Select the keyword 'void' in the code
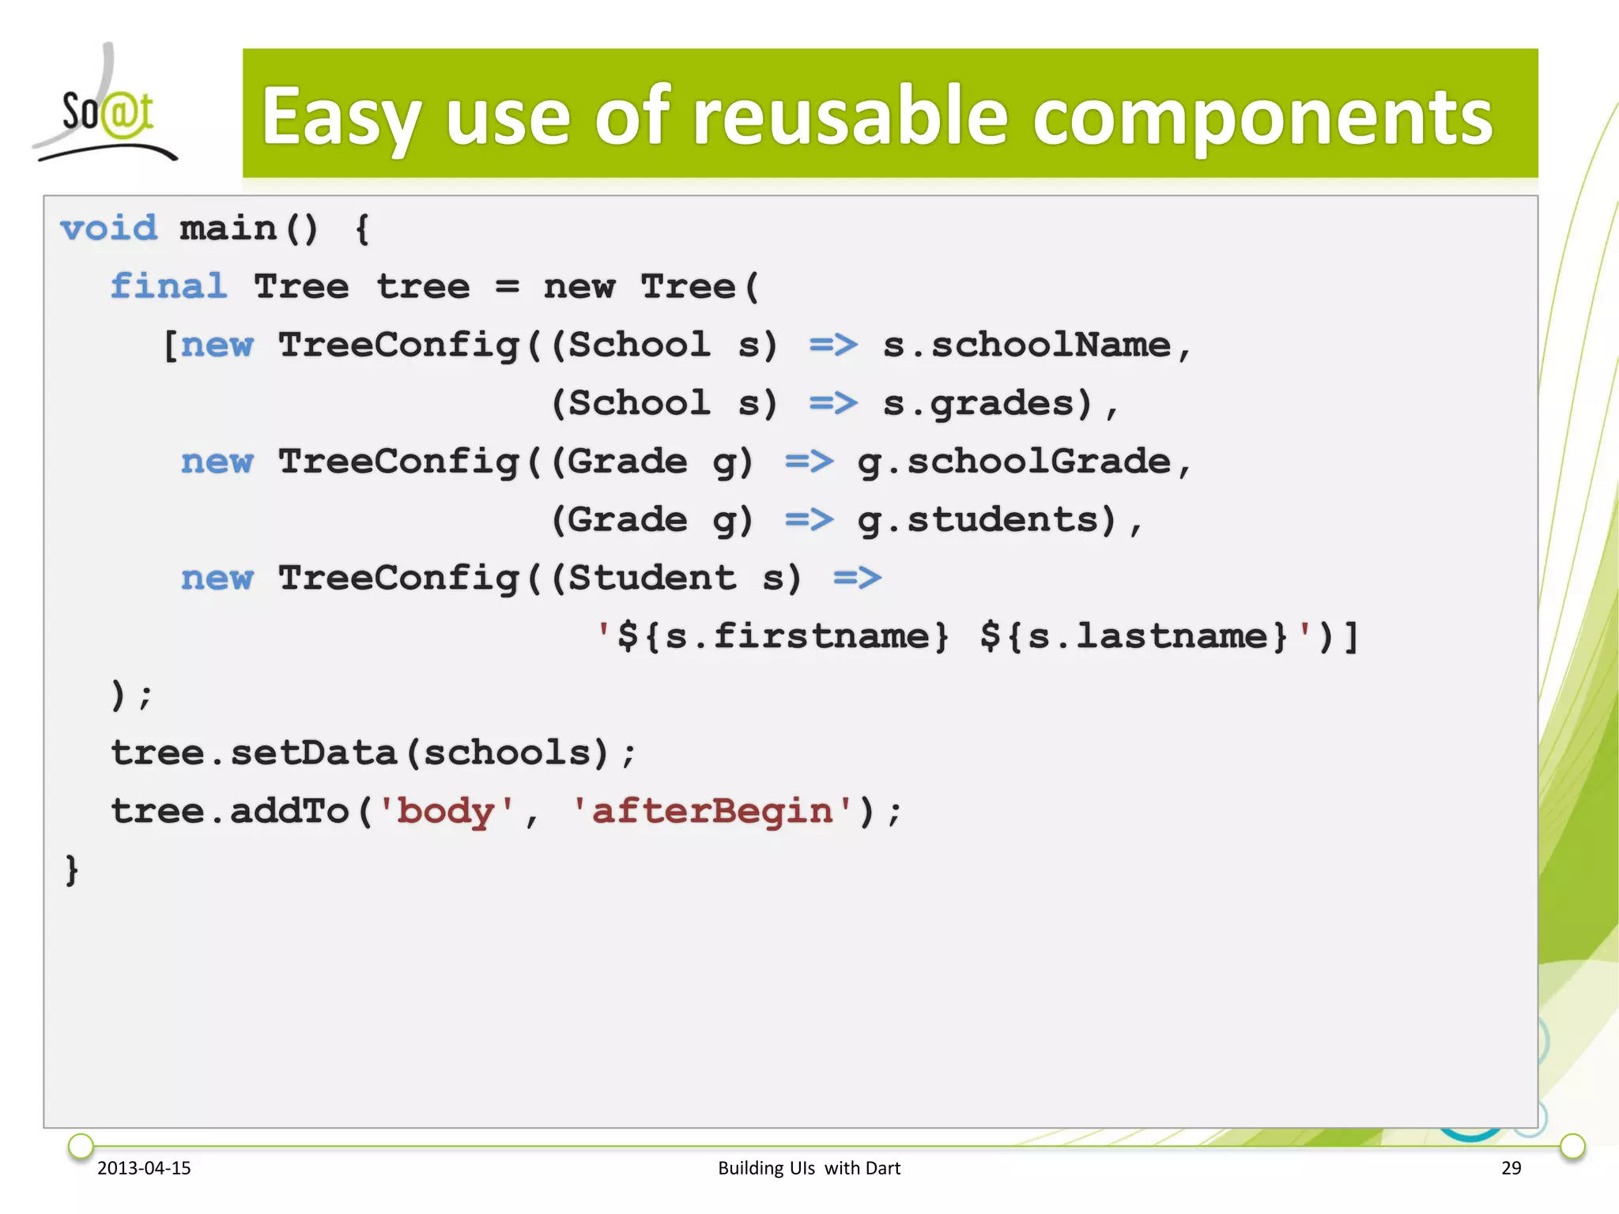coord(109,229)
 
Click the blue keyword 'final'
coord(168,287)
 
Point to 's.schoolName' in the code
coord(1026,345)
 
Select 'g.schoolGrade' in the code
coord(1014,462)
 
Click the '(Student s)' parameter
coord(676,579)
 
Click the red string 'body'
coord(446,812)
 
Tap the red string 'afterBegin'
coord(712,812)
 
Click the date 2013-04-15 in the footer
coord(144,1168)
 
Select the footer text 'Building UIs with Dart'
coord(809,1168)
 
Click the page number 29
coord(1511,1168)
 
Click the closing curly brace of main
coord(72,870)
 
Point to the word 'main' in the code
coord(228,229)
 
